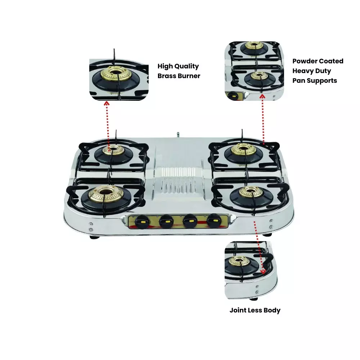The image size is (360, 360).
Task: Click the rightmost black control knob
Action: (x=214, y=220)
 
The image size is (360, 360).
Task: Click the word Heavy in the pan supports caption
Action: (x=305, y=71)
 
